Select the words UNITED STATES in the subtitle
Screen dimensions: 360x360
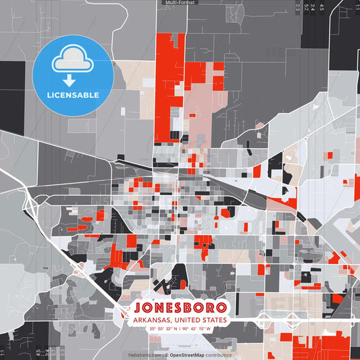tap(201, 319)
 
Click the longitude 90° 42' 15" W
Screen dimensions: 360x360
tap(195, 329)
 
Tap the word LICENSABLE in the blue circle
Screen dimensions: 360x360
tap(72, 95)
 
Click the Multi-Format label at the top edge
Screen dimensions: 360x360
tap(180, 3)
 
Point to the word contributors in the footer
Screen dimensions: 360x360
tap(218, 355)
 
